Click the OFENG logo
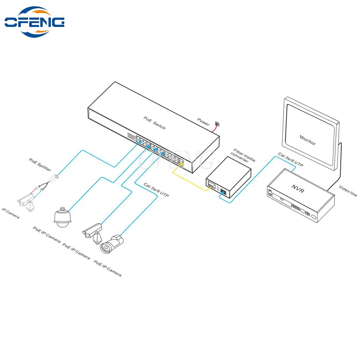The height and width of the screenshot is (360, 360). (x=35, y=22)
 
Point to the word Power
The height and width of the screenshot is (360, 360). (x=203, y=121)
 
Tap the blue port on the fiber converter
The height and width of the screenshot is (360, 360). (x=223, y=192)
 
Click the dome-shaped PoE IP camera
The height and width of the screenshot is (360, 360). (x=62, y=217)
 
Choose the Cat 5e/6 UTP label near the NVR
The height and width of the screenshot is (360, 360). (x=290, y=160)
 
